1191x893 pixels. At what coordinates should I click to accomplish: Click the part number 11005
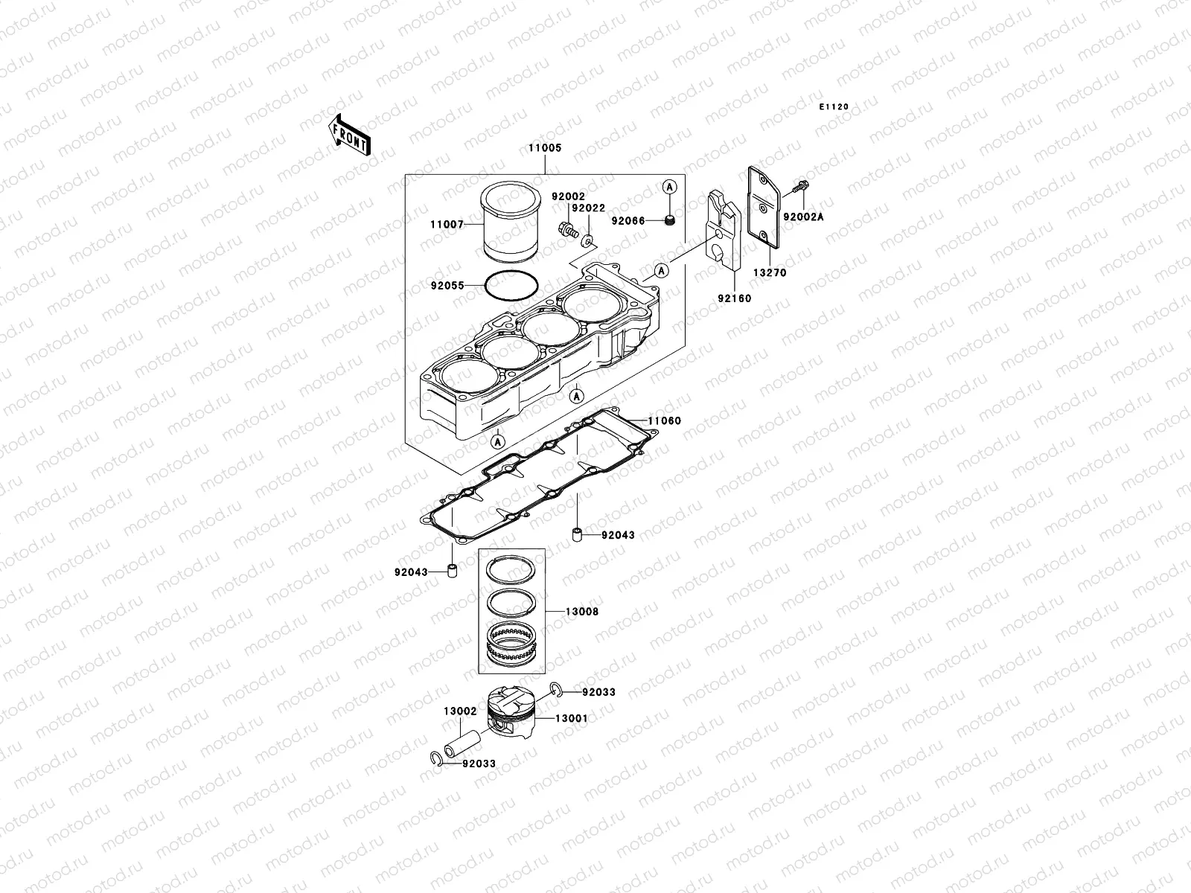point(545,148)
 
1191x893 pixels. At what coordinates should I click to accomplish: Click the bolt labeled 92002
point(566,230)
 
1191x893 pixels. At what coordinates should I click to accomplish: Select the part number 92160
point(734,298)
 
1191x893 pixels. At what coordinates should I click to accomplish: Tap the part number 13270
point(769,273)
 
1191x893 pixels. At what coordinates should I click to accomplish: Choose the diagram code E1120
point(834,107)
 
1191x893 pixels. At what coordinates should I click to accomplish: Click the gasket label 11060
point(664,421)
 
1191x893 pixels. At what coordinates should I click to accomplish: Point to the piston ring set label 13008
point(581,612)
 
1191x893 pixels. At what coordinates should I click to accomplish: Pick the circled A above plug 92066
point(668,185)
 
